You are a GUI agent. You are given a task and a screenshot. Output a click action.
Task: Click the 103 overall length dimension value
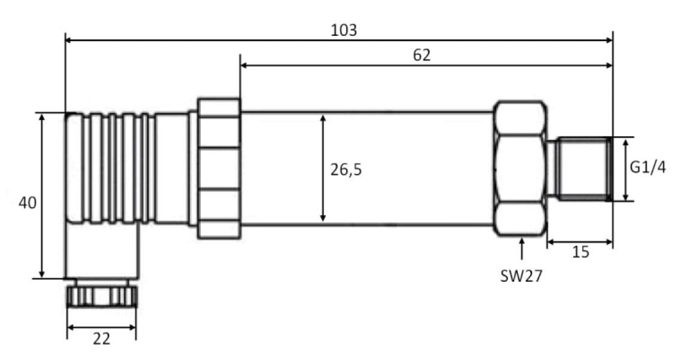point(344,30)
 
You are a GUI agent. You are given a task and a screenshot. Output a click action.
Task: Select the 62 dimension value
point(422,55)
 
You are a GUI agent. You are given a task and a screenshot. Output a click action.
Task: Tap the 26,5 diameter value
point(346,170)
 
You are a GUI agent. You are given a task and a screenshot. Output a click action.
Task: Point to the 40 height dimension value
point(28,202)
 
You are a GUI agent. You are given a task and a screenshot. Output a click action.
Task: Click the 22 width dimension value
point(102,339)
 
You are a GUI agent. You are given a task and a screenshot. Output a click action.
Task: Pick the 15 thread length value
point(581,252)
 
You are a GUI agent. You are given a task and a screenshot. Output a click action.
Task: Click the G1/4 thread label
point(648,167)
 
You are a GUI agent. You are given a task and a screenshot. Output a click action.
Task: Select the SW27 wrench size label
point(521,276)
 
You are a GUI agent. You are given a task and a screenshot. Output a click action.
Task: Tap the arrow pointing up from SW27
point(522,248)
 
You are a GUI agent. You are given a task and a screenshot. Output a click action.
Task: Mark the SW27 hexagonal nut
point(520,169)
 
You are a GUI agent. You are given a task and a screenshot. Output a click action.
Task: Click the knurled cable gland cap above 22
point(102,296)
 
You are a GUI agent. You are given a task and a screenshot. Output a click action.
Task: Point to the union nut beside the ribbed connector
point(219,169)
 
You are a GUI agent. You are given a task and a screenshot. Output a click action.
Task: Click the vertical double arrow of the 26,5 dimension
point(323,169)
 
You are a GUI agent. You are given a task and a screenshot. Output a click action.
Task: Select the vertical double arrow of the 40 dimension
point(42,196)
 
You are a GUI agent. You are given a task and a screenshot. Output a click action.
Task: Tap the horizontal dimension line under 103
point(339,41)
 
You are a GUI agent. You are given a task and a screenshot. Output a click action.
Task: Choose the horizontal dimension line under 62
point(426,65)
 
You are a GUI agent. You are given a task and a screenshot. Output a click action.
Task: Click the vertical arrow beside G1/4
point(625,169)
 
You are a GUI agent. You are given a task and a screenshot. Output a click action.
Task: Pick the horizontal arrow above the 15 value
point(580,242)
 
